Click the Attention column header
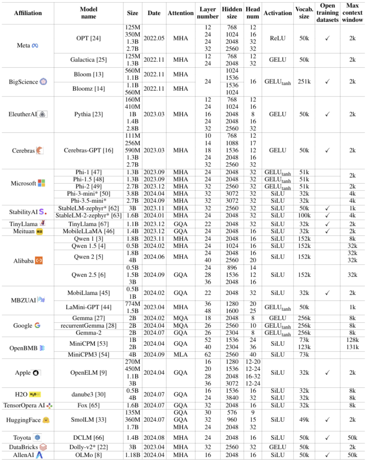[181, 13]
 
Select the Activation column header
[278, 13]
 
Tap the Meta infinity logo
[35, 45]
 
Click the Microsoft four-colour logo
[41, 183]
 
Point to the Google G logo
[37, 325]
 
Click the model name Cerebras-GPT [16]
[88, 150]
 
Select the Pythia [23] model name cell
[88, 114]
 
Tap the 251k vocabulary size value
[304, 82]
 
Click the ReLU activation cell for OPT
[278, 38]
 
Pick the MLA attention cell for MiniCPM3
[181, 354]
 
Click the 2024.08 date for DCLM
[154, 438]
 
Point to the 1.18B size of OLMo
[133, 455]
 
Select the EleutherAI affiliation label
[23, 114]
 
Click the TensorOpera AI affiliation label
[24, 406]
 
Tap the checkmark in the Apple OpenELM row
[327, 373]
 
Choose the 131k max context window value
[352, 347]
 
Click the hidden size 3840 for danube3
[232, 398]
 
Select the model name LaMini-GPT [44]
[88, 307]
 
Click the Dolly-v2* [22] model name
[88, 447]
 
